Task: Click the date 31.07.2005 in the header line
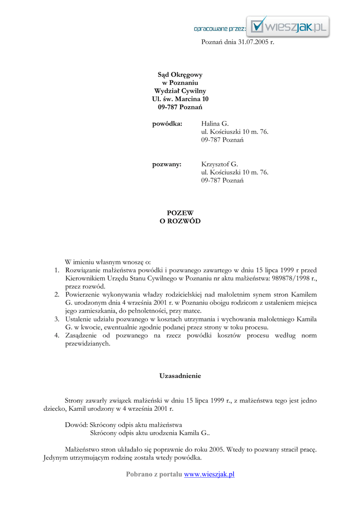click(253, 42)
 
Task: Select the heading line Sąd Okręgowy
click(180, 74)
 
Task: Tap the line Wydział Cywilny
click(180, 91)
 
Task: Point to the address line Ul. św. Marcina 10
click(180, 99)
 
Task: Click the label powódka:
click(167, 123)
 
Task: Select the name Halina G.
click(215, 123)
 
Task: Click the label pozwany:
click(167, 164)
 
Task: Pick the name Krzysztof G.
click(219, 164)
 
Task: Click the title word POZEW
click(180, 213)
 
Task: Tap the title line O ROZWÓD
click(180, 221)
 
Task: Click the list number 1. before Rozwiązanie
click(57, 270)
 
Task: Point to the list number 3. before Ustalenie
click(57, 319)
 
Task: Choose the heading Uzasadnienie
click(180, 376)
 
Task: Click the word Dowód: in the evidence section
click(76, 425)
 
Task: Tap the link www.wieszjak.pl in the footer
click(209, 474)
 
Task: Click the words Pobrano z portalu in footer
click(153, 474)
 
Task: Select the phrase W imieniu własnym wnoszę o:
click(108, 262)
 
